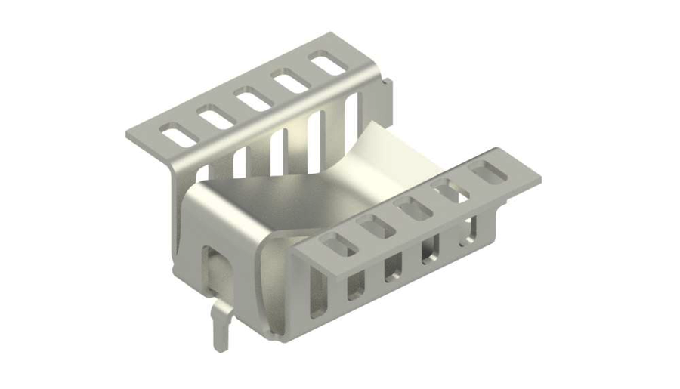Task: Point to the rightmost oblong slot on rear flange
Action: [327, 63]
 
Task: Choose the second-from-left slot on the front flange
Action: [371, 225]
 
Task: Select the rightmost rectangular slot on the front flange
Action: [487, 174]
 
